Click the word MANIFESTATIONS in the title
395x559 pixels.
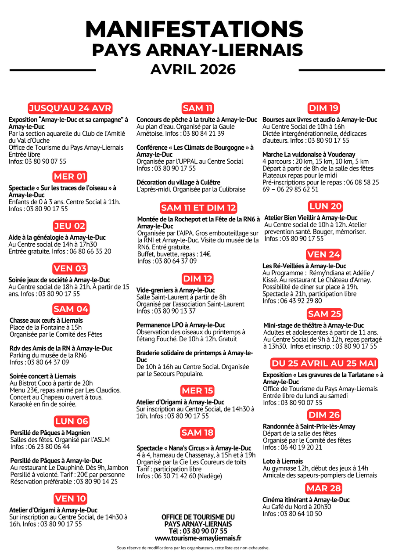[x=194, y=29]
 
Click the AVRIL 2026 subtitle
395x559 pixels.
[x=193, y=69]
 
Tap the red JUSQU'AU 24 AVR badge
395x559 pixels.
[x=70, y=108]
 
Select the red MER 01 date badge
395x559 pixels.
[x=70, y=177]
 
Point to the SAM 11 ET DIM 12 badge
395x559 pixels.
[x=198, y=208]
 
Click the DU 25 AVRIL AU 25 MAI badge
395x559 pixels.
[x=324, y=364]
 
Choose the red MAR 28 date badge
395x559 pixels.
[x=323, y=488]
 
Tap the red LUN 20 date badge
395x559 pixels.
[x=325, y=206]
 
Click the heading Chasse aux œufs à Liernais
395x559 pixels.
[x=46, y=321]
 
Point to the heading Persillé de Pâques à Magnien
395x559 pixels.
[x=50, y=433]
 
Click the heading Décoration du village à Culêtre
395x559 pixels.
[x=178, y=182]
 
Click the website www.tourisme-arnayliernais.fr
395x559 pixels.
[x=198, y=538]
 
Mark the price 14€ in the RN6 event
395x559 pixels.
[x=205, y=254]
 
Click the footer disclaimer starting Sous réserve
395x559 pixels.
[x=193, y=548]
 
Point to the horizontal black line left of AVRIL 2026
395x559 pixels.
[x=53, y=70]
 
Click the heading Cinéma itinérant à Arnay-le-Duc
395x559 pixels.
[x=306, y=500]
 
